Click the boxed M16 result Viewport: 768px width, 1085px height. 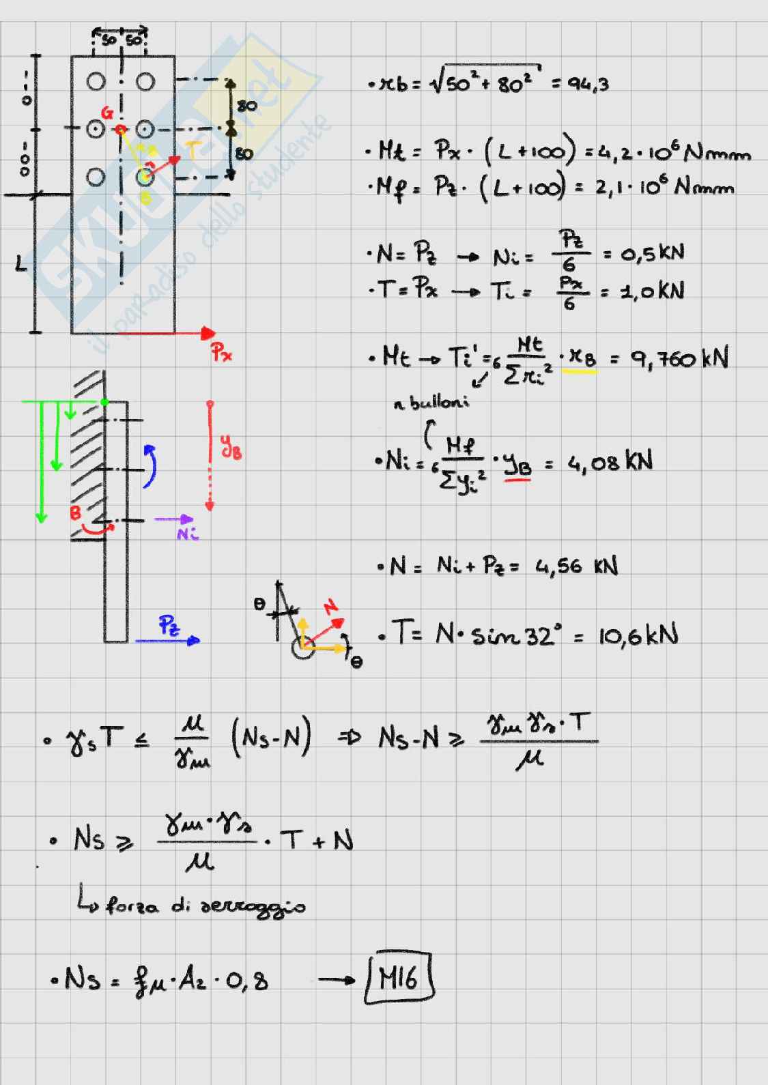click(399, 980)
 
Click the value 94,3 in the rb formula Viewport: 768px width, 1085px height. click(588, 85)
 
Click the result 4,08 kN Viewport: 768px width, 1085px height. click(610, 463)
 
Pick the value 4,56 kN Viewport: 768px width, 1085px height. click(576, 567)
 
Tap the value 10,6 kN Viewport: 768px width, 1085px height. click(638, 636)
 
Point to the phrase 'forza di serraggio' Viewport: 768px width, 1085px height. click(204, 906)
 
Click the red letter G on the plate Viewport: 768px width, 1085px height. click(107, 113)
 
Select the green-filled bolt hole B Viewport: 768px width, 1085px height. click(144, 178)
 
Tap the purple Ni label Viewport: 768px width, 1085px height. click(186, 534)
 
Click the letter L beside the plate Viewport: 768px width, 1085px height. click(21, 263)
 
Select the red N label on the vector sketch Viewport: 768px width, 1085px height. click(331, 606)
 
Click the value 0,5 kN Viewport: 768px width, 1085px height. click(652, 254)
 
